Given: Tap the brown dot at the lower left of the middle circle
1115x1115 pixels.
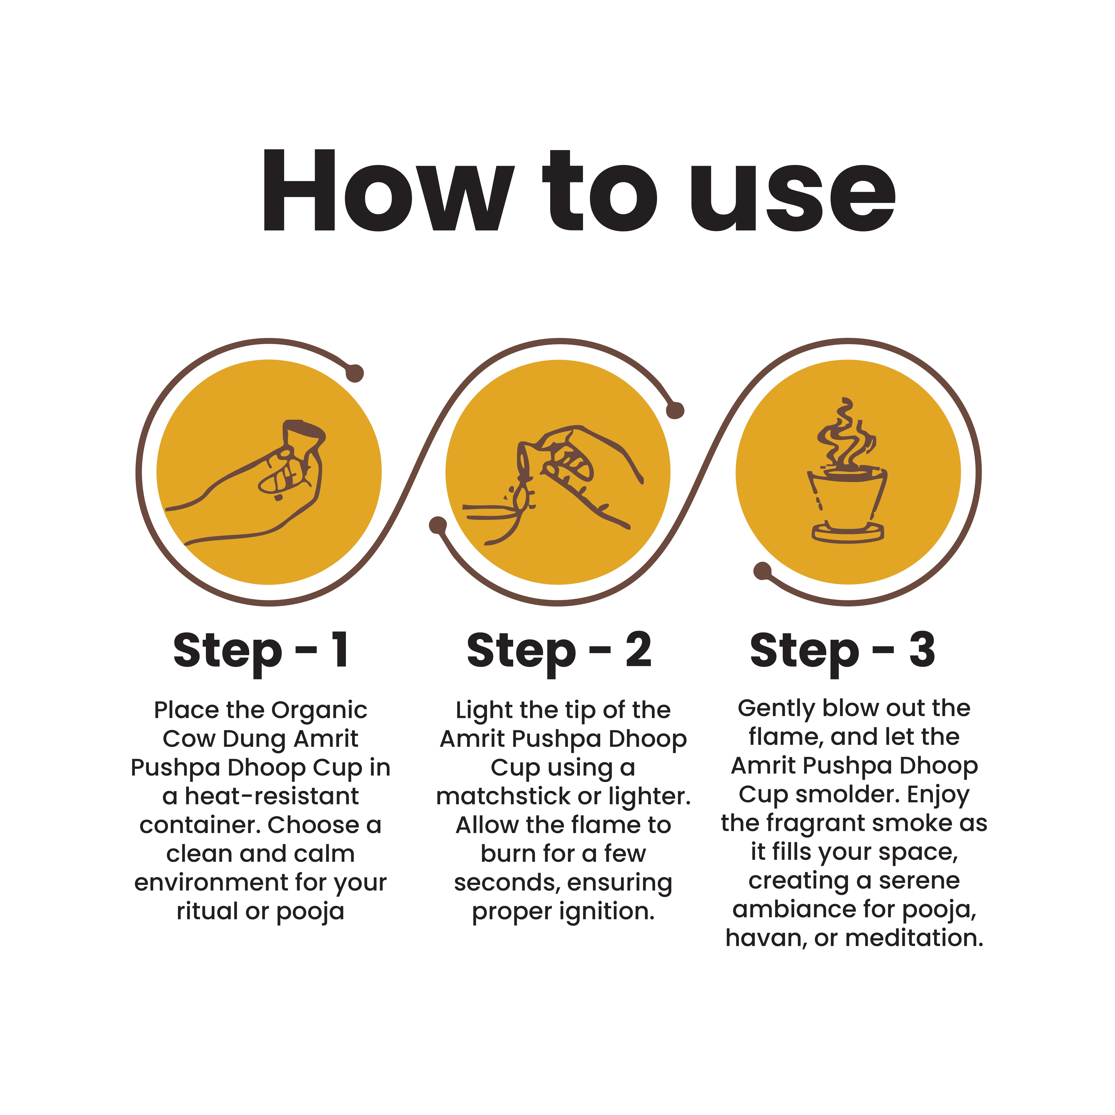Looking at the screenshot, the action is tap(438, 525).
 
